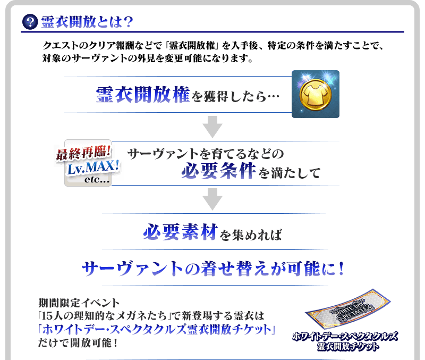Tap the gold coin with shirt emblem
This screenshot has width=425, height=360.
[x=315, y=94]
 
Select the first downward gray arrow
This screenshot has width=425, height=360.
[x=212, y=127]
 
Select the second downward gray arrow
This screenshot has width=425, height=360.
[x=212, y=199]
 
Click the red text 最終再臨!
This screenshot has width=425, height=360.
[x=83, y=154]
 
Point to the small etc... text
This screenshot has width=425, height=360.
[x=97, y=180]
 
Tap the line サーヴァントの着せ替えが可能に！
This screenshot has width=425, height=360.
[x=212, y=267]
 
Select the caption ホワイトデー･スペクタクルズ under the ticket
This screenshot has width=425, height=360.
[x=345, y=336]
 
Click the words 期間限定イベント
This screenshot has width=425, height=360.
[x=80, y=304]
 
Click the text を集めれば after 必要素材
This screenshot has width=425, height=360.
[x=250, y=234]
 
